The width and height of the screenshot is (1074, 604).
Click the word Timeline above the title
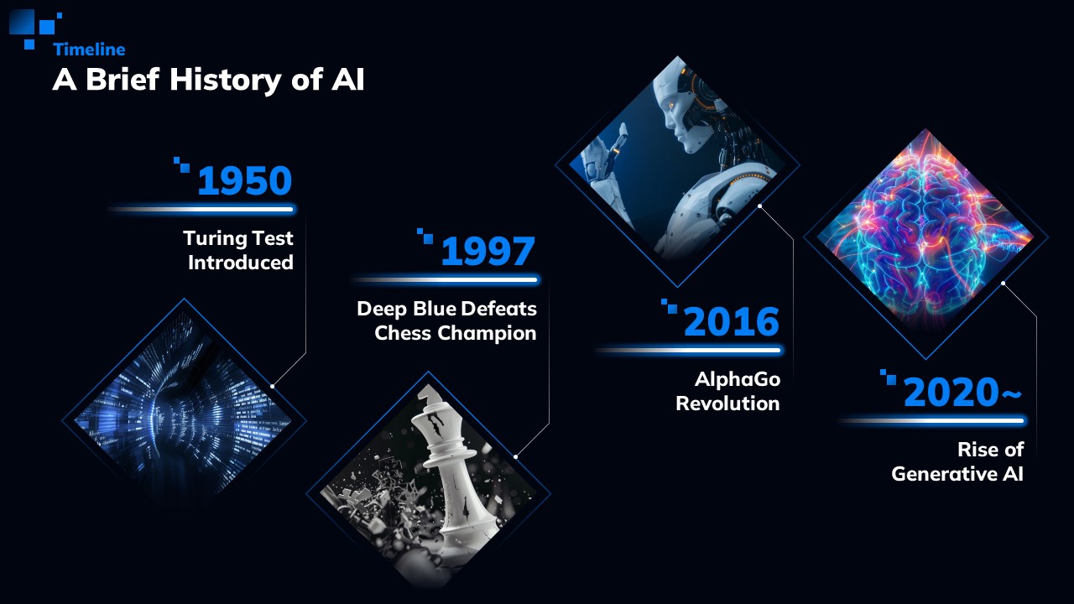pos(89,49)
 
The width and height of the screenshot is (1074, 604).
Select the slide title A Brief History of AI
pos(209,79)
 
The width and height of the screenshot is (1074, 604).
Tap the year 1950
pos(244,180)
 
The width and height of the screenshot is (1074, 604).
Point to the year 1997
pos(487,251)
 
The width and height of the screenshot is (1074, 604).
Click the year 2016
pos(732,321)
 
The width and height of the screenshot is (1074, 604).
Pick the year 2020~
pos(962,392)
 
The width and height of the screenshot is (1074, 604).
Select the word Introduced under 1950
pos(241,263)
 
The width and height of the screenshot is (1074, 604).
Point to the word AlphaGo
pos(738,379)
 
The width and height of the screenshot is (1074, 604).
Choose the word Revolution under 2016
pos(727,404)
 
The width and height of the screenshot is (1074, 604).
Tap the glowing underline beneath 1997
pos(446,279)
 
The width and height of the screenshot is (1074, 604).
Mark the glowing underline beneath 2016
pos(690,351)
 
